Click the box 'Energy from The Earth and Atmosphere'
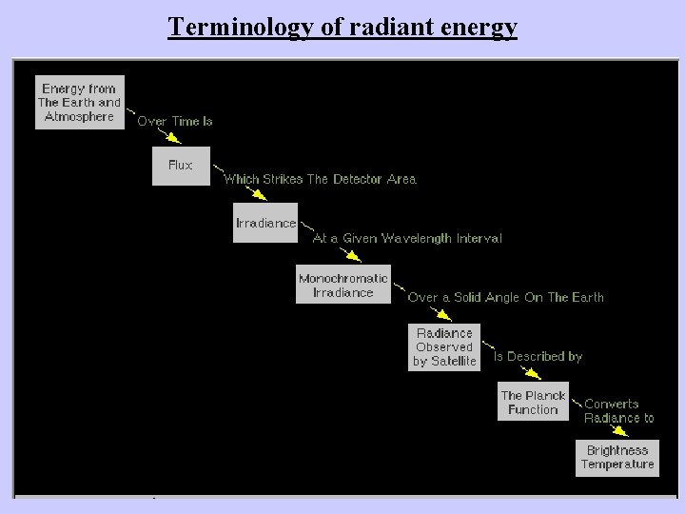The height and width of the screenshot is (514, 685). click(80, 102)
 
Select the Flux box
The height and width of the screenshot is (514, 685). click(181, 166)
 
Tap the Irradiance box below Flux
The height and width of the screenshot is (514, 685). click(265, 223)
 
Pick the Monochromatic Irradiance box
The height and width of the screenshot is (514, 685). click(343, 286)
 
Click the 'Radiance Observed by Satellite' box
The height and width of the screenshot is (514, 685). click(444, 347)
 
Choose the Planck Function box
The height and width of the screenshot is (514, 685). click(533, 402)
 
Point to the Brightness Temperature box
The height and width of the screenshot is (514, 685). click(617, 457)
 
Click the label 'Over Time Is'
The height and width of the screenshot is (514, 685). click(175, 122)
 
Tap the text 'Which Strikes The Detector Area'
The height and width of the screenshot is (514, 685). click(320, 179)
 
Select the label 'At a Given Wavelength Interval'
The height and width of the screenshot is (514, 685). click(407, 239)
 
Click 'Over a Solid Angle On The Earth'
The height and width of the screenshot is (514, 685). click(505, 298)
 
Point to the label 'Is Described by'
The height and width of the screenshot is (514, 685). click(538, 357)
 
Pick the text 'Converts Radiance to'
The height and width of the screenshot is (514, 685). click(619, 410)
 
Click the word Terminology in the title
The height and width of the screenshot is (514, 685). click(239, 26)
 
